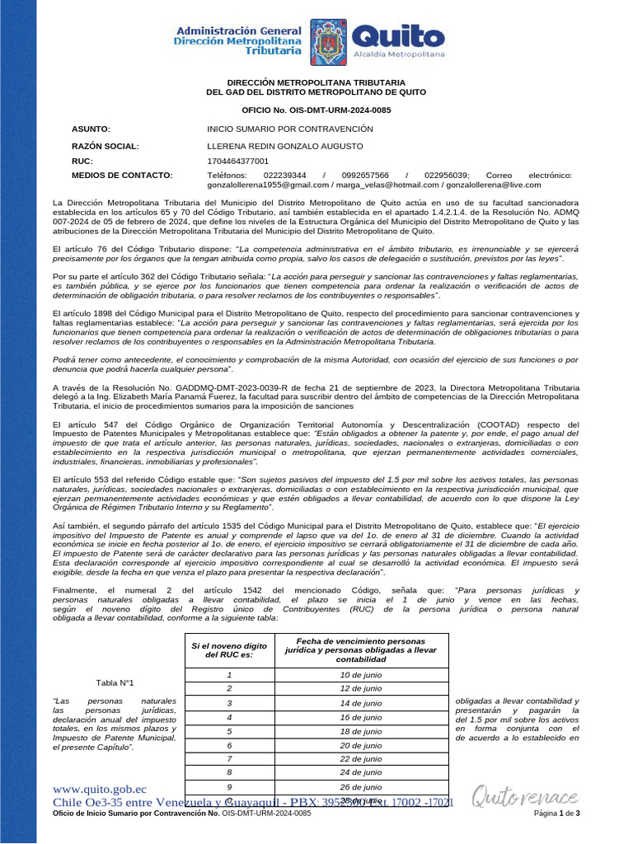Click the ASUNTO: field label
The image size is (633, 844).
click(91, 129)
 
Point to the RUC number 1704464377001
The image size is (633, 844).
click(237, 161)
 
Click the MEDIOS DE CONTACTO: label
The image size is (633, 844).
click(122, 176)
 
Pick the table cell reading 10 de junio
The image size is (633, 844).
click(361, 674)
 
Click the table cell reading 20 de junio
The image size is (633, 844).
click(361, 744)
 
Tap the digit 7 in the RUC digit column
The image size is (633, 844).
click(229, 758)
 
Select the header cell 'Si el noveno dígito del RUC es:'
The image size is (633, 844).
click(229, 651)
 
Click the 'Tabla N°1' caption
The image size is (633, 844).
click(115, 682)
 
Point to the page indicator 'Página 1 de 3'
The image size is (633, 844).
click(558, 814)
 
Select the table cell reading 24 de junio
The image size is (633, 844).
click(361, 772)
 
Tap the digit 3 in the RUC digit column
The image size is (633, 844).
click(229, 702)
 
